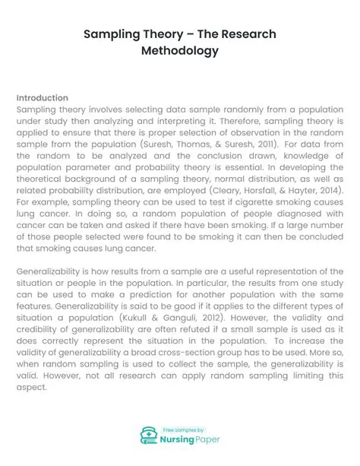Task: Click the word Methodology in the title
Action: (179, 51)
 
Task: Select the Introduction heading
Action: (42, 98)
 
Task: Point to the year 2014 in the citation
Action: (327, 189)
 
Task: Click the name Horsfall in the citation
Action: (273, 189)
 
